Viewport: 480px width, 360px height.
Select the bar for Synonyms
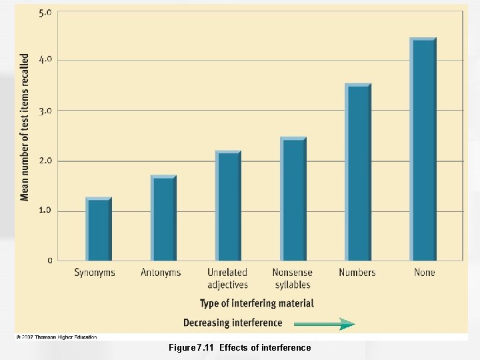tap(98, 229)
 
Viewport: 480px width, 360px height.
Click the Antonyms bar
tap(163, 218)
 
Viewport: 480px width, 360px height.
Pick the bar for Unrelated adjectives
tap(228, 205)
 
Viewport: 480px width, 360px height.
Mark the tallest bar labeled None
tap(423, 149)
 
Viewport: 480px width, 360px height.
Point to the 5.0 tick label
tap(45, 13)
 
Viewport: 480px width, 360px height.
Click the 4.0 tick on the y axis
tap(45, 60)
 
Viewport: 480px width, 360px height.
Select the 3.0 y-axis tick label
tap(45, 111)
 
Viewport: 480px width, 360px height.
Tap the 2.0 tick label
tap(45, 161)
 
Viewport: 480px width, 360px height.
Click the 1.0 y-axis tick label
tap(45, 211)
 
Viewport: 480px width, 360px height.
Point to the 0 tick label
tap(49, 261)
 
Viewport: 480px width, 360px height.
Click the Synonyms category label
tap(95, 273)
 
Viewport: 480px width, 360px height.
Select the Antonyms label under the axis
tap(161, 273)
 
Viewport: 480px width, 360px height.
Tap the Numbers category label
tap(357, 273)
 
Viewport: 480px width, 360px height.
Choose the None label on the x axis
tap(424, 273)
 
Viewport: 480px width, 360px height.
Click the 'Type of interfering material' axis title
tap(257, 303)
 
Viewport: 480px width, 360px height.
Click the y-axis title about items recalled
tap(25, 127)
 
